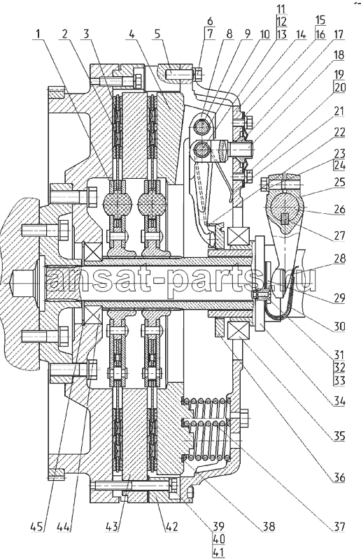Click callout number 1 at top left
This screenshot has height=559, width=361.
pos(38,34)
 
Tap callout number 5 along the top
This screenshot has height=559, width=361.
pos(158,34)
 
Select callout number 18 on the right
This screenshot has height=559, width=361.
pos(339,55)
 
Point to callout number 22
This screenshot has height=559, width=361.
pos(339,133)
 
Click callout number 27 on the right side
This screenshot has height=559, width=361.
pos(339,235)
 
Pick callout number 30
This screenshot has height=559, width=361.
pos(339,326)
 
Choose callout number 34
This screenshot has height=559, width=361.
pos(339,402)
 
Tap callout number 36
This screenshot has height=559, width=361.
pos(339,477)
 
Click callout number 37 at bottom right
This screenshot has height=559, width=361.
pos(339,527)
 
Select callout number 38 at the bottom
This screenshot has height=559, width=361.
pos(268,527)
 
